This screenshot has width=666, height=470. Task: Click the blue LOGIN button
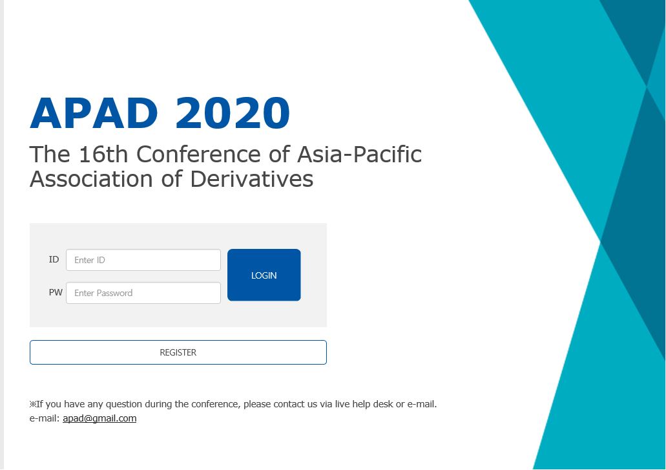[x=264, y=275]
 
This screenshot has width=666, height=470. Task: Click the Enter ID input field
[x=143, y=260]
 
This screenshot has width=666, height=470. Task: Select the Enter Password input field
[x=143, y=293]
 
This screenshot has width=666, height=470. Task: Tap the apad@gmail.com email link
[x=99, y=418]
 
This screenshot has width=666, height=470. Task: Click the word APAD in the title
[x=94, y=113]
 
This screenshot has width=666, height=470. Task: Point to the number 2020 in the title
[x=233, y=113]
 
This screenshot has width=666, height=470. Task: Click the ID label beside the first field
[x=54, y=259]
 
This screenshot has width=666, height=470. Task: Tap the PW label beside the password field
[x=56, y=292]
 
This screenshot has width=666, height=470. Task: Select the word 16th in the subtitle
[x=103, y=154]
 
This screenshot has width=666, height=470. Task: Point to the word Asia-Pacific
[x=359, y=154]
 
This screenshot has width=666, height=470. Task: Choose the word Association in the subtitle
[x=91, y=179]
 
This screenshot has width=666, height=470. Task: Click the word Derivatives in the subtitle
[x=251, y=179]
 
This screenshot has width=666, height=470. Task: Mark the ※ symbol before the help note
[x=33, y=404]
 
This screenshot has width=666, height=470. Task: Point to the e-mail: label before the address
[x=45, y=418]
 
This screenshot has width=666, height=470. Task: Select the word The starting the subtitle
[x=50, y=154]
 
